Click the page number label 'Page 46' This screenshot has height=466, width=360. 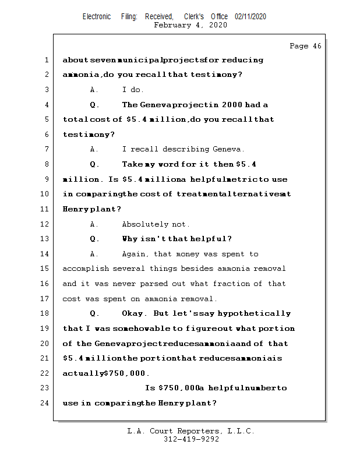(x=305, y=46)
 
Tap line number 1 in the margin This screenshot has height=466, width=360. (x=46, y=60)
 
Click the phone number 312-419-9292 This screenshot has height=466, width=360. (x=191, y=439)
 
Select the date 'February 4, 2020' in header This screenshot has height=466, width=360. (x=191, y=25)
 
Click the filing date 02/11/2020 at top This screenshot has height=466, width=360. (x=250, y=17)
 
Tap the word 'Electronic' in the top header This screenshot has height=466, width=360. (x=97, y=17)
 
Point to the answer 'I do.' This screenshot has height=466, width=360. (x=133, y=90)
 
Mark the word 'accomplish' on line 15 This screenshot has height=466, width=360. (x=84, y=269)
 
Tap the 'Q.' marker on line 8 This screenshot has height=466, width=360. (x=94, y=164)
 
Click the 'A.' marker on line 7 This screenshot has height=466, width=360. (x=94, y=149)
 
